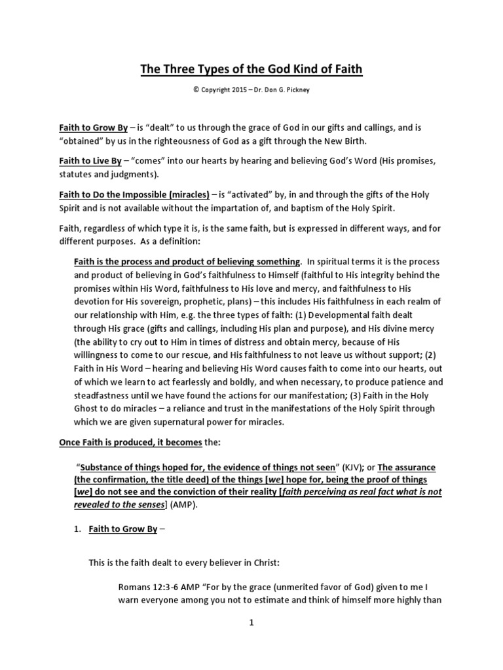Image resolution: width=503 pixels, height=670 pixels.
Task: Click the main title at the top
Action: point(251,69)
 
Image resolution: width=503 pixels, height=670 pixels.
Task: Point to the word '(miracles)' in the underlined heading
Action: point(187,194)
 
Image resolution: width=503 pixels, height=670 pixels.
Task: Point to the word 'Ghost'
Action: point(89,409)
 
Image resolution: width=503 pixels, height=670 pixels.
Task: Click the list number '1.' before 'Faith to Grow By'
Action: point(76,529)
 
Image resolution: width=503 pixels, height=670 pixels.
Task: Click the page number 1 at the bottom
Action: point(251,623)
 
